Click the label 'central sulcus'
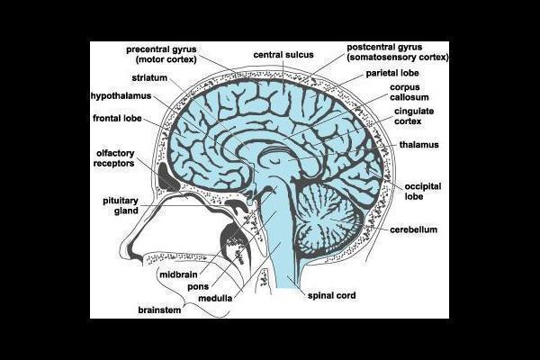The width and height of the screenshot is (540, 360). pos(283,54)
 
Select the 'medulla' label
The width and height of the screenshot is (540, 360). pos(216,298)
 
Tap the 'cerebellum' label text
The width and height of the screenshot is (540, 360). pos(413,230)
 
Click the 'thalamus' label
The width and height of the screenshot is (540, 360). pos(418,144)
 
